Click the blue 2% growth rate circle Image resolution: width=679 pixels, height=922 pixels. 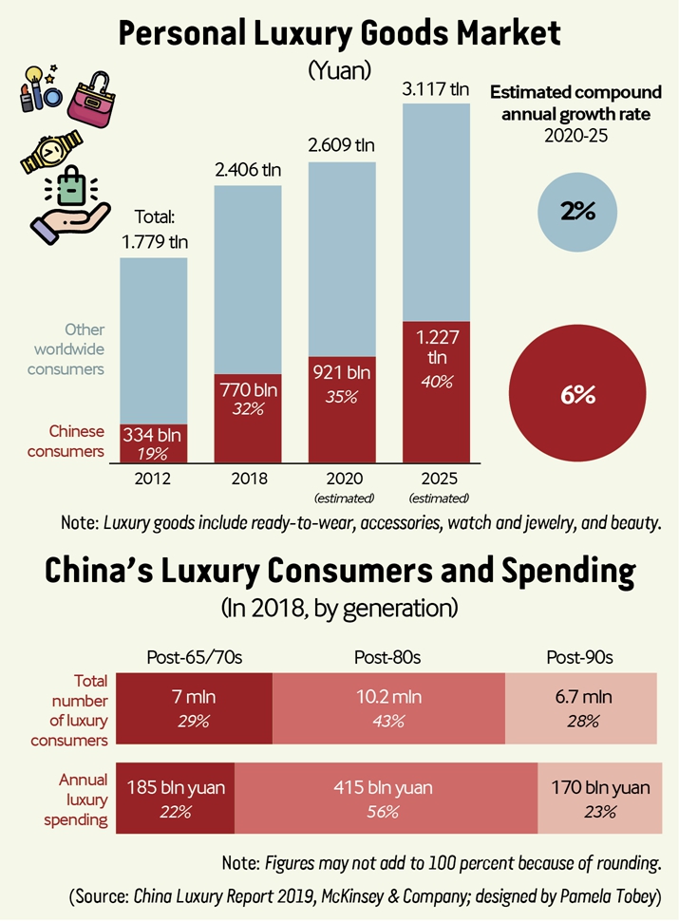(x=577, y=212)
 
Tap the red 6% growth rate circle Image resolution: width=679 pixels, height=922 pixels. (x=577, y=393)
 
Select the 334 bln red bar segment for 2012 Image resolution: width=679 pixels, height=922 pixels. (x=154, y=443)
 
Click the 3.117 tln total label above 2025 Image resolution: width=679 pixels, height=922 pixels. (x=436, y=89)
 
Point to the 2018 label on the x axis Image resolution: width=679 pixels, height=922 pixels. (x=249, y=479)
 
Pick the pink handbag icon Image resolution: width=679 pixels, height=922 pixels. (x=92, y=100)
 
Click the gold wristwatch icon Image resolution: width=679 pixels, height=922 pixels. (x=51, y=151)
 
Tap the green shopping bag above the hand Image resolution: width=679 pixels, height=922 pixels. (x=72, y=186)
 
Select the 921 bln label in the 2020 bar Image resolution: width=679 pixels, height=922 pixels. (x=342, y=372)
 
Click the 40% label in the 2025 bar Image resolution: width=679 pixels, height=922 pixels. (x=437, y=383)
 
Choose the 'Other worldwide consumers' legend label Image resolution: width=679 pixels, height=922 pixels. (x=66, y=349)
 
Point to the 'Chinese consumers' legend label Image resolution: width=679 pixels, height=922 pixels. (x=66, y=441)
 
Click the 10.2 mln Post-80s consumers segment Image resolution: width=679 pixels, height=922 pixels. (x=388, y=708)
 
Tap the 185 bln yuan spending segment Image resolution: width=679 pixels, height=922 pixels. (x=175, y=798)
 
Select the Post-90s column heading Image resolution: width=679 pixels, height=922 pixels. (x=579, y=657)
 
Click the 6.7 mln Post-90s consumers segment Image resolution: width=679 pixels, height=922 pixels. (x=581, y=708)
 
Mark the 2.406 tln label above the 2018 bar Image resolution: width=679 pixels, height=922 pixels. (x=248, y=170)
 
